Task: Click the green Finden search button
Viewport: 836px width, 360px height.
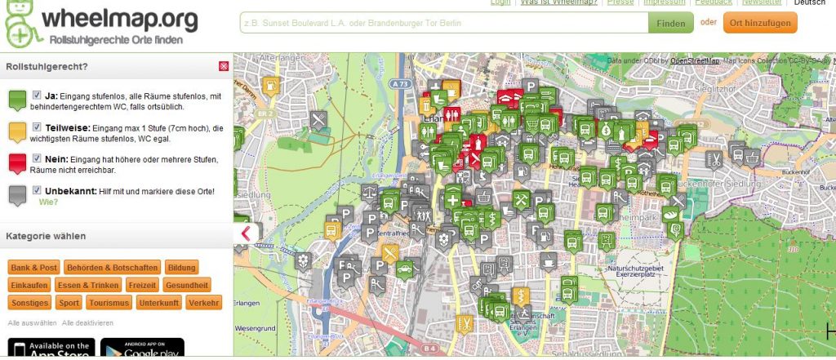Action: click(670, 23)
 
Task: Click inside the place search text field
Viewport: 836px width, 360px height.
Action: click(443, 23)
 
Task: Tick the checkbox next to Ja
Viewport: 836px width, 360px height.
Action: click(37, 95)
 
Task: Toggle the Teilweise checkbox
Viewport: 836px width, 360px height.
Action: click(37, 127)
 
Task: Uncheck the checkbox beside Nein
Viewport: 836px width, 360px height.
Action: click(37, 158)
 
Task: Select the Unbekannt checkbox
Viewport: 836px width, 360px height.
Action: click(37, 190)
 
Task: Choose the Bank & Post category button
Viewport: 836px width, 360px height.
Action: click(34, 268)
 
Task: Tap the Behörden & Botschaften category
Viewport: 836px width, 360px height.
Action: click(113, 268)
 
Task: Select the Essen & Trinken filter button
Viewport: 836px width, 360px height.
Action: click(88, 285)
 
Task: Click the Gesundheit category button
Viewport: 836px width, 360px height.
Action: click(187, 285)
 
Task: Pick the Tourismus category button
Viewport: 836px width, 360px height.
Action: click(109, 302)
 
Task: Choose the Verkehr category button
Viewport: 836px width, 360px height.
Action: click(202, 302)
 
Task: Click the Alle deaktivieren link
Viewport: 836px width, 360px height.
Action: click(87, 322)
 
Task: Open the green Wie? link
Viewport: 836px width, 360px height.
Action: click(48, 201)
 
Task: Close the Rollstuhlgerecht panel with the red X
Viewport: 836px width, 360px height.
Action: click(224, 66)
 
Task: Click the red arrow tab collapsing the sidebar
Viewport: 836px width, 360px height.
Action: click(246, 233)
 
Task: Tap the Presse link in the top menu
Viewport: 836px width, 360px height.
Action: click(620, 2)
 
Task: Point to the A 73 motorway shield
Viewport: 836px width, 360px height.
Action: click(399, 83)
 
